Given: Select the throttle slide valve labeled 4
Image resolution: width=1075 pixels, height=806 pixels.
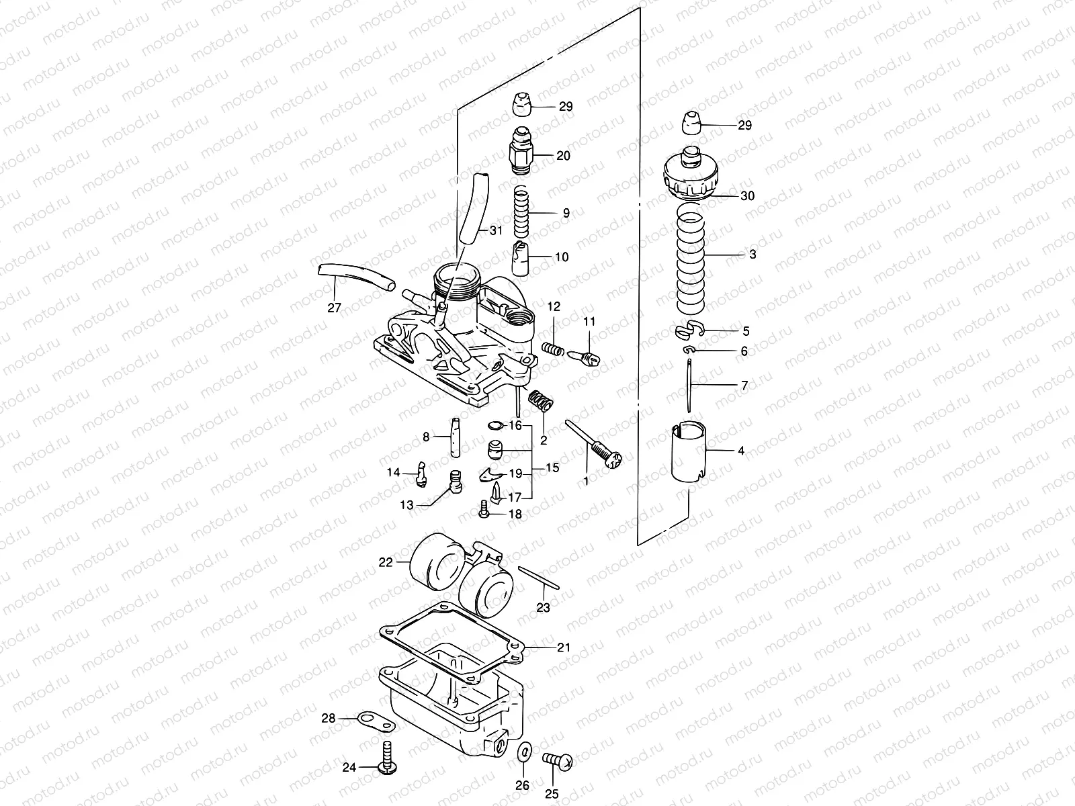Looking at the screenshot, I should click(689, 451).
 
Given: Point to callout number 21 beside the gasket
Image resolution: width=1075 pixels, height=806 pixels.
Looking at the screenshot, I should click(563, 647).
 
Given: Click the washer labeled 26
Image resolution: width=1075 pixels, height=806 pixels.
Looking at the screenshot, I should click(523, 753).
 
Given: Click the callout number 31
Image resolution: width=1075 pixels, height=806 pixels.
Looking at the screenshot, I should click(495, 231).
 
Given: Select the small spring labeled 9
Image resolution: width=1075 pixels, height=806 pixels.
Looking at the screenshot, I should click(523, 211).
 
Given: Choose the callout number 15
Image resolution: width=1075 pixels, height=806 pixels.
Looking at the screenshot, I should click(552, 467).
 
